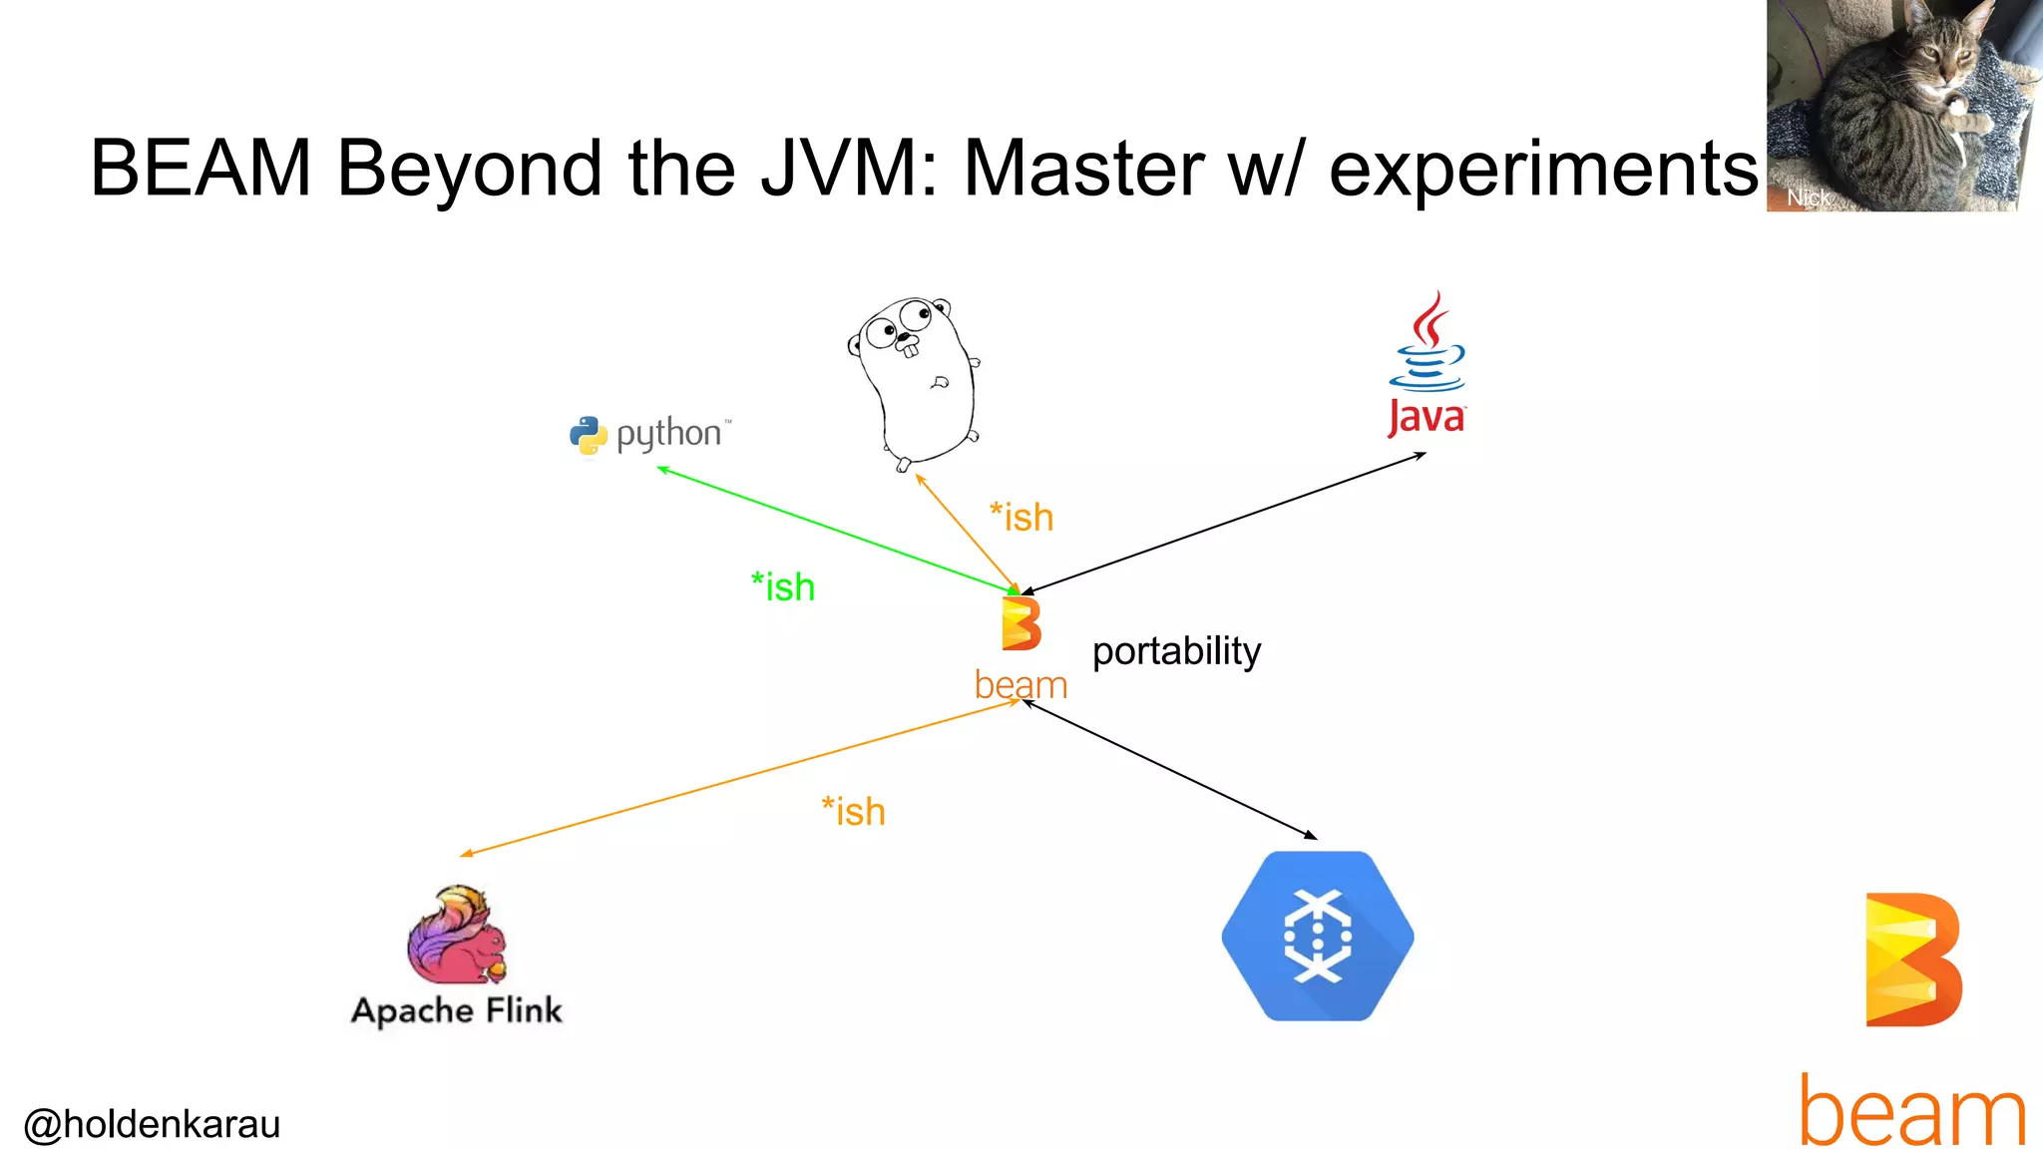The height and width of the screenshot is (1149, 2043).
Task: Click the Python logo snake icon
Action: pyautogui.click(x=589, y=436)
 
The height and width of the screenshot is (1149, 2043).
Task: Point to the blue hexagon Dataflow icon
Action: pyautogui.click(x=1317, y=936)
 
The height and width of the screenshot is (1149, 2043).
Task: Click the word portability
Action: pyautogui.click(x=1176, y=651)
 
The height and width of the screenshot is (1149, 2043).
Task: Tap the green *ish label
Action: pyautogui.click(x=783, y=587)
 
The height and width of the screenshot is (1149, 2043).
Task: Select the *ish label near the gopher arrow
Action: pyautogui.click(x=1021, y=518)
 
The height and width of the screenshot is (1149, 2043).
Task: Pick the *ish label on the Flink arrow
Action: pyautogui.click(x=854, y=812)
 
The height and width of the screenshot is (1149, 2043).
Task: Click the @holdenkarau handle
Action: pyautogui.click(x=152, y=1124)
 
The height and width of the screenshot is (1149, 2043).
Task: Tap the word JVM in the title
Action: pyautogui.click(x=848, y=168)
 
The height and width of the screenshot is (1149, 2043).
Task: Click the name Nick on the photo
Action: pyautogui.click(x=1808, y=197)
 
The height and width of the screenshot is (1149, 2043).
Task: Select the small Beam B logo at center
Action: pyautogui.click(x=1021, y=624)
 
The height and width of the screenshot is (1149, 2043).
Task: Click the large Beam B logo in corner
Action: pyautogui.click(x=1912, y=959)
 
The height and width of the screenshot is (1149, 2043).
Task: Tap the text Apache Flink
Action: pyautogui.click(x=457, y=1010)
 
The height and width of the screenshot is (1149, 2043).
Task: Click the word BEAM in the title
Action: pyautogui.click(x=201, y=168)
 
